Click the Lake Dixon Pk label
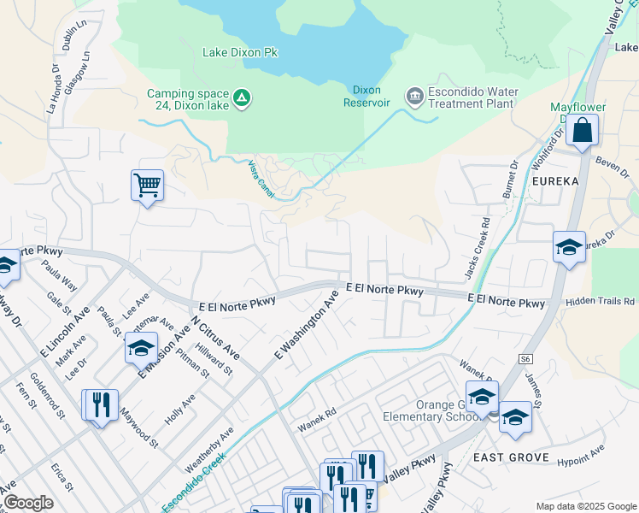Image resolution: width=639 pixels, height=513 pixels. [240, 52]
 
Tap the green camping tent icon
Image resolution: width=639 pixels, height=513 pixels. [242, 99]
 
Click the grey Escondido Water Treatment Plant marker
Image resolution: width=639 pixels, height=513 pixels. [414, 95]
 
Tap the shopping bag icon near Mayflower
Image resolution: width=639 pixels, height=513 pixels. [582, 131]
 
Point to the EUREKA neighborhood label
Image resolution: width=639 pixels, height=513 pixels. [555, 182]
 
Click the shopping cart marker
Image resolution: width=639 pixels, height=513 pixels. [147, 185]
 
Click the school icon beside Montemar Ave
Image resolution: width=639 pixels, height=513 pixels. [141, 348]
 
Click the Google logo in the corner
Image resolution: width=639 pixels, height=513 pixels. [28, 503]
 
